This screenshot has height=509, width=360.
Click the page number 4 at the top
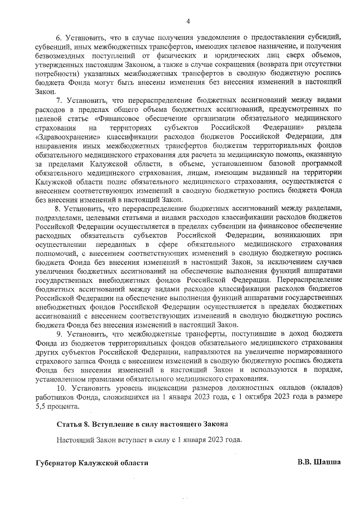[188, 21]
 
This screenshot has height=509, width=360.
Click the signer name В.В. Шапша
[319, 462]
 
